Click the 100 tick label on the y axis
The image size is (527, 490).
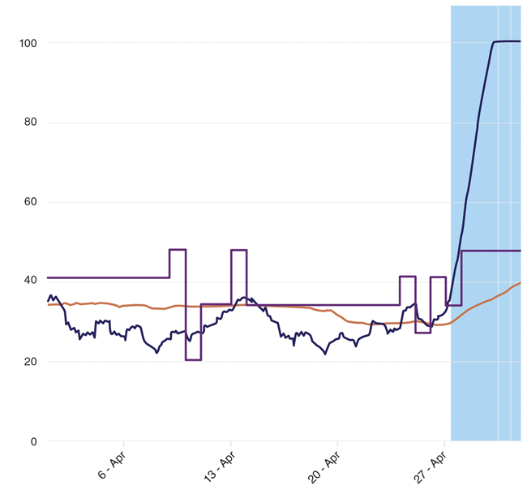tap(27, 42)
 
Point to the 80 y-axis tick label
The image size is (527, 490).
tap(30, 122)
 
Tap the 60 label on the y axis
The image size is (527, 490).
tap(30, 202)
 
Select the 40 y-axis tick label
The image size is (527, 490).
tap(30, 282)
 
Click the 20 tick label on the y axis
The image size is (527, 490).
tap(30, 362)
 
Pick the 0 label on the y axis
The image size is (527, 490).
tap(33, 441)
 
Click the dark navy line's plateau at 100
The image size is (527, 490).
tap(507, 41)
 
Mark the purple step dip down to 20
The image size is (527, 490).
tap(193, 359)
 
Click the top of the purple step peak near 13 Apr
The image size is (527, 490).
tap(238, 250)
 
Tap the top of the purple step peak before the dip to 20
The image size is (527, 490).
tap(178, 249)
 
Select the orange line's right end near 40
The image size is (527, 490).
tap(520, 282)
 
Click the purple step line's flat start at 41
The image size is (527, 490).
tap(105, 277)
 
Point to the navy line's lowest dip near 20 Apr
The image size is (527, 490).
tap(325, 354)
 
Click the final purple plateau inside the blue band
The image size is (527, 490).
tap(491, 251)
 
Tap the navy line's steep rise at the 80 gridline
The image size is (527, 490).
tap(479, 122)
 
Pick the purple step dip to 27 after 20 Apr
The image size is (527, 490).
tap(422, 333)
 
